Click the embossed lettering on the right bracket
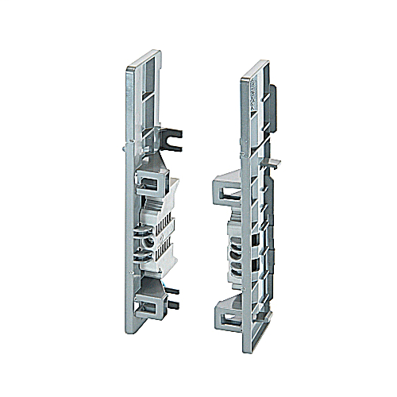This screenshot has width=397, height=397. [x=248, y=87]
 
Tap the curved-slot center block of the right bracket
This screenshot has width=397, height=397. [x=238, y=238]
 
